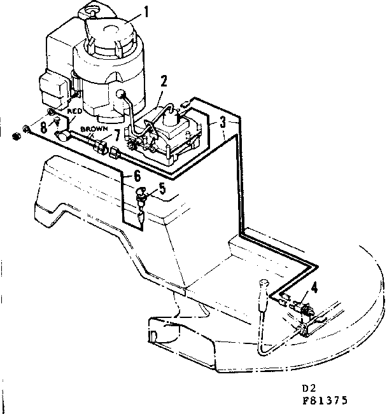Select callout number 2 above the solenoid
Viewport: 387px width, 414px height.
point(164,81)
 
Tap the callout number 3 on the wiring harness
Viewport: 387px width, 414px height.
point(223,123)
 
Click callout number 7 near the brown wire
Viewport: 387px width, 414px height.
point(116,135)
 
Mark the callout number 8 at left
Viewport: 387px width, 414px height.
point(44,127)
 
